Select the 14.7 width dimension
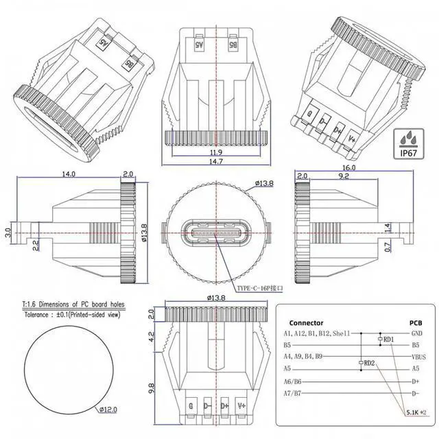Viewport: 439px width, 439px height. coord(216,161)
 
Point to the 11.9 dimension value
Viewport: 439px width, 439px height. coord(216,152)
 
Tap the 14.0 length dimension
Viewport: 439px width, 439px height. coord(68,175)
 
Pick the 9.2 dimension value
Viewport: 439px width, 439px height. coord(343,176)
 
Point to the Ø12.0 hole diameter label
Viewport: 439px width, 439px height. coord(109,410)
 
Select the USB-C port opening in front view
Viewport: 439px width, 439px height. coord(216,233)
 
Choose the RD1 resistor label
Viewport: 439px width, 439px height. coord(389,340)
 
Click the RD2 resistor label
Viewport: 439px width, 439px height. coord(369,363)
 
